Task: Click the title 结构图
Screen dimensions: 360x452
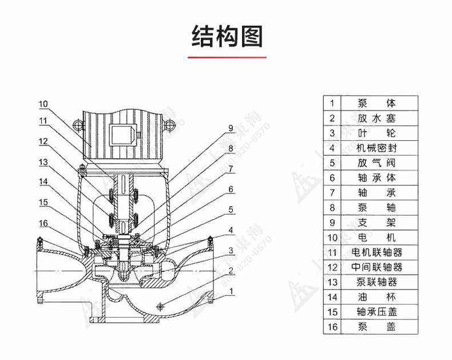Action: coord(227,36)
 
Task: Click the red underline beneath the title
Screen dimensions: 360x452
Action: coord(227,57)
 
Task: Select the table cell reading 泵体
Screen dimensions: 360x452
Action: coord(376,104)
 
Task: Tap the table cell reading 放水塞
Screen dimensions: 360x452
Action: coord(376,118)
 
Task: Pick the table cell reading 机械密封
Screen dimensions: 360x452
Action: coord(376,148)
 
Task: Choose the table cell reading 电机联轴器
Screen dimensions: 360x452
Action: coord(376,252)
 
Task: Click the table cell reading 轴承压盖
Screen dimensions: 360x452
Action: coord(376,312)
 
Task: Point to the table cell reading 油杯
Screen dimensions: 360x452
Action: coord(376,297)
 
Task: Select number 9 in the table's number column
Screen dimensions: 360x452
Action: coord(331,223)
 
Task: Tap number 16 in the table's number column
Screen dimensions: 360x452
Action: coord(331,327)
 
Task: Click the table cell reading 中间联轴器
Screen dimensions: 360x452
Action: coord(376,267)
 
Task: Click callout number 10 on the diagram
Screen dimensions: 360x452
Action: coord(44,104)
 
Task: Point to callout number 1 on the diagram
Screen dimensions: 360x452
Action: coord(231,291)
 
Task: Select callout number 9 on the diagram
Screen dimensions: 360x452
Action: coord(231,128)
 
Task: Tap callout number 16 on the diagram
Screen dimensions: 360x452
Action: coord(44,223)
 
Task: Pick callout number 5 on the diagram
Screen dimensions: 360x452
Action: coord(231,209)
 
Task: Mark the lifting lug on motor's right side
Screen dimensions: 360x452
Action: coord(168,124)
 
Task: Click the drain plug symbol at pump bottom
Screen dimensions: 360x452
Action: coord(160,307)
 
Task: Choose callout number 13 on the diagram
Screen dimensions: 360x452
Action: coord(44,163)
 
